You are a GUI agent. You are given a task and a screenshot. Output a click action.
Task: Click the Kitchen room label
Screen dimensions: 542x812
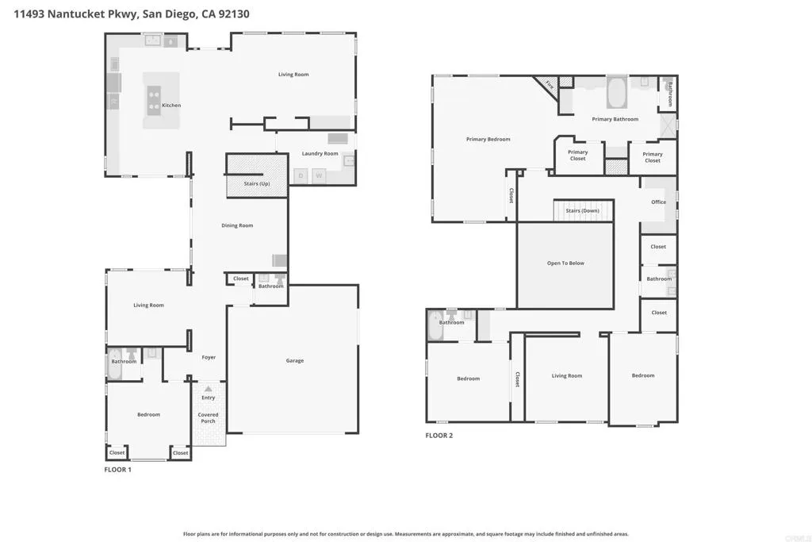[171, 106]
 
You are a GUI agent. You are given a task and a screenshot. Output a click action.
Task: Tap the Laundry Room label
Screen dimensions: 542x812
[320, 154]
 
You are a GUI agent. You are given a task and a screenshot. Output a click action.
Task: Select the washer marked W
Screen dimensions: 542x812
[319, 175]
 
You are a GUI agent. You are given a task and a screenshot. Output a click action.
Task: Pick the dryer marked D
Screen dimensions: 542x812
[301, 175]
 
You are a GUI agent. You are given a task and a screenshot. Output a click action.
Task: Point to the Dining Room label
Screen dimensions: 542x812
[237, 225]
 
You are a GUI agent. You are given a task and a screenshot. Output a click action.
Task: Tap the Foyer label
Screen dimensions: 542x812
[209, 357]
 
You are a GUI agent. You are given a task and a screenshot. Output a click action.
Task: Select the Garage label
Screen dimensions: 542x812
[295, 361]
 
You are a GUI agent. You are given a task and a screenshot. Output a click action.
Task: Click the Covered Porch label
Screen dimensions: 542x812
[208, 417]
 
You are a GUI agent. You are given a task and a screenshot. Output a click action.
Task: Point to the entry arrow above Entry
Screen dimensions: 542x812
[208, 389]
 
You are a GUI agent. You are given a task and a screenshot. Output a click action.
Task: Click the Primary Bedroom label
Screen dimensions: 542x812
[488, 140]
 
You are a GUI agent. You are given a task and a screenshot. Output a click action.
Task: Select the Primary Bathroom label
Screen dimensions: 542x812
[615, 120]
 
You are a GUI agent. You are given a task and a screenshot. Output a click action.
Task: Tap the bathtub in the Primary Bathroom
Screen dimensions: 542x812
[616, 93]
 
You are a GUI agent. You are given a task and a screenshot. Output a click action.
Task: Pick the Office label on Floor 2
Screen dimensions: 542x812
[659, 202]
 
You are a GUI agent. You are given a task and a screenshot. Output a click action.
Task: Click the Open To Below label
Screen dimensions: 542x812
[565, 263]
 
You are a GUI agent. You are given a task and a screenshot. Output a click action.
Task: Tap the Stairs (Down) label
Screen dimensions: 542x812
[583, 211]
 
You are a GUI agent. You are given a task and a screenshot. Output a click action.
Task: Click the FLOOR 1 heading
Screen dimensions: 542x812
[118, 470]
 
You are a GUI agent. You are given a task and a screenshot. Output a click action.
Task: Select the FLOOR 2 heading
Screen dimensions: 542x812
[439, 436]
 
